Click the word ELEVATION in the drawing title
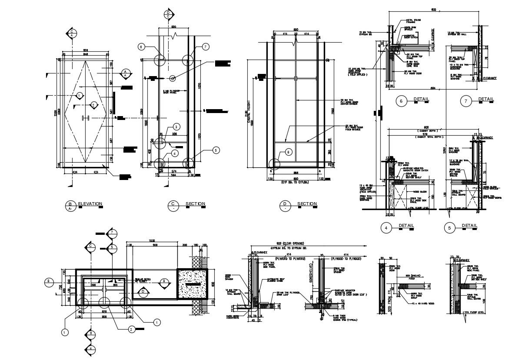[x=90, y=203]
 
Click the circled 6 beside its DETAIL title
[x=401, y=101]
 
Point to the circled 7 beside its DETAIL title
[x=465, y=101]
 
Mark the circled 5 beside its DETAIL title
[x=450, y=227]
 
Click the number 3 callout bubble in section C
[x=176, y=127]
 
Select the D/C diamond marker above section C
[x=168, y=14]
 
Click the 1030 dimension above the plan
[x=152, y=240]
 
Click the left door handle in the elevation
[x=83, y=118]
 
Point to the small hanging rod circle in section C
[x=173, y=79]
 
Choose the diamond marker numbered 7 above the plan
[x=112, y=233]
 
